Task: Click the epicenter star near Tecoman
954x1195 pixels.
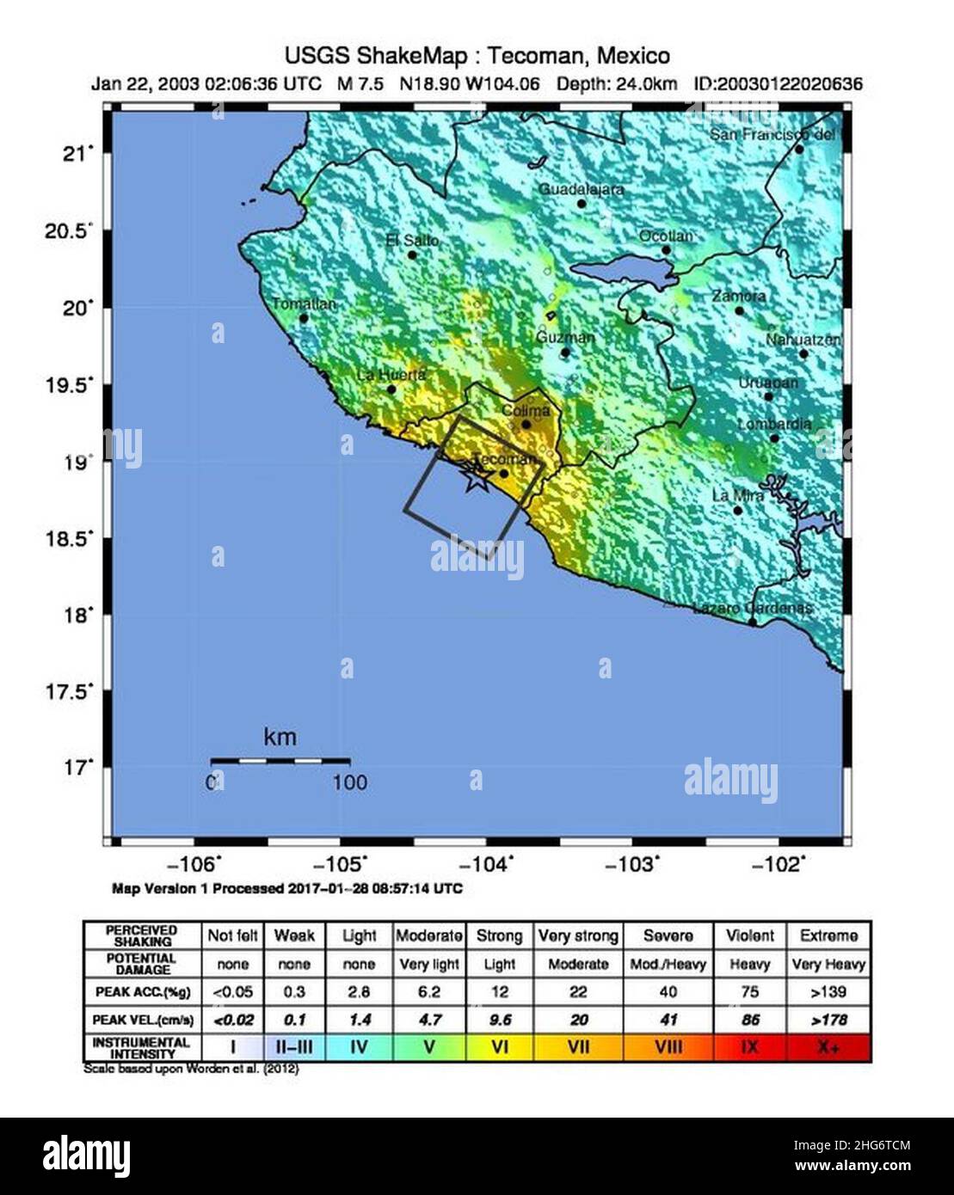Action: [x=474, y=479]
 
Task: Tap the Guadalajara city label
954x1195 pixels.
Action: [x=581, y=189]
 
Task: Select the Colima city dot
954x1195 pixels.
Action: [x=526, y=424]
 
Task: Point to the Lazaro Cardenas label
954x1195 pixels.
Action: [x=753, y=608]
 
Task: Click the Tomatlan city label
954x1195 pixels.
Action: [x=304, y=304]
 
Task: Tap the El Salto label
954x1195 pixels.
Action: [x=412, y=241]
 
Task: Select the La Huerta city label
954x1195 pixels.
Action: [x=391, y=375]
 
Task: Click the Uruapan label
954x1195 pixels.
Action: [x=768, y=383]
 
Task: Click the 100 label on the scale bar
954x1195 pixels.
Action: [x=349, y=782]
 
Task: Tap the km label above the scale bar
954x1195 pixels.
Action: [x=280, y=738]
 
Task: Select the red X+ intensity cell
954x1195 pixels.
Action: [x=828, y=1048]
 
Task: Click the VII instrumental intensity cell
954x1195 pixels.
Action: [x=577, y=1048]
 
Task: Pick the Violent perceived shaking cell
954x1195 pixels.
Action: [x=749, y=935]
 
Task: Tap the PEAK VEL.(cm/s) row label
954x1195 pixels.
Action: [x=143, y=1020]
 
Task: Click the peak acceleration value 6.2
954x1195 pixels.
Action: [x=428, y=992]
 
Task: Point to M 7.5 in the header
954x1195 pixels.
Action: [x=360, y=84]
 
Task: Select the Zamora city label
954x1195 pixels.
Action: [x=738, y=296]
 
